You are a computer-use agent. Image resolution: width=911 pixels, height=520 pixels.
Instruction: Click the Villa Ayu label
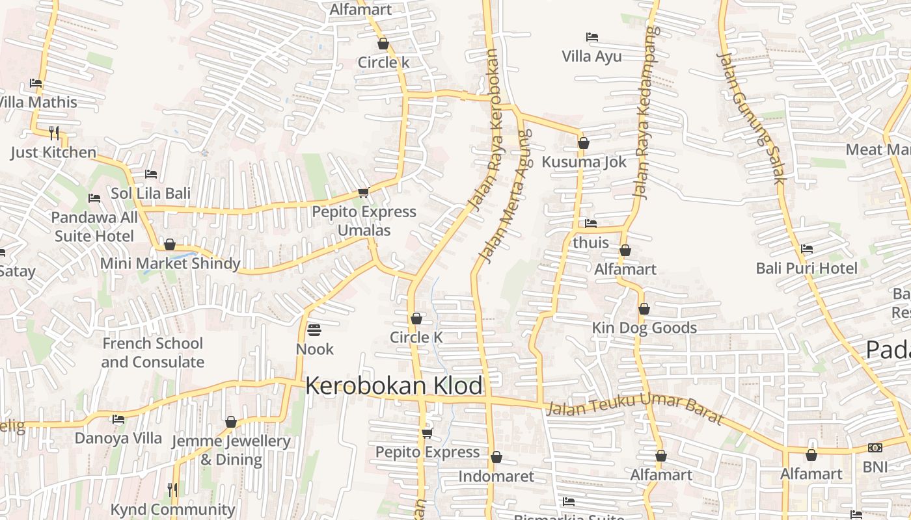[x=591, y=57]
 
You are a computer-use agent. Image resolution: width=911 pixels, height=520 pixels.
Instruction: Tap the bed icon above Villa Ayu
[x=591, y=37]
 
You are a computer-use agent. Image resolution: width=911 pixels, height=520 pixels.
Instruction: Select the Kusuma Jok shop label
[x=584, y=162]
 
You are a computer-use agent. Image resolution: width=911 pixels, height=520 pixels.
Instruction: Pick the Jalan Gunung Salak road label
[x=752, y=117]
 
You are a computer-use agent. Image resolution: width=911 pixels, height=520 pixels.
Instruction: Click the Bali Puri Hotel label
[x=806, y=268]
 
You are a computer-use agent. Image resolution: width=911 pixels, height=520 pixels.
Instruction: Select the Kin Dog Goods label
[x=644, y=328]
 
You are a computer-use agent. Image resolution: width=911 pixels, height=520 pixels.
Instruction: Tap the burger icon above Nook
[x=314, y=330]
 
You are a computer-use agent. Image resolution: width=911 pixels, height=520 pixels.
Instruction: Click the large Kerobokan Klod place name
[x=394, y=386]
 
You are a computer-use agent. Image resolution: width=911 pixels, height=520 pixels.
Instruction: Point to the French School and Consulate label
[x=152, y=352]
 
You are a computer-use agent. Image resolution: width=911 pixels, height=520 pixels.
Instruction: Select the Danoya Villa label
[x=118, y=438]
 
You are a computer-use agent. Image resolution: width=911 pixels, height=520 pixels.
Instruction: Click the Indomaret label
[x=496, y=476]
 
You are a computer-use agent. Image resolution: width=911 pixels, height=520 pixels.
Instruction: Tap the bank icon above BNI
[x=875, y=448]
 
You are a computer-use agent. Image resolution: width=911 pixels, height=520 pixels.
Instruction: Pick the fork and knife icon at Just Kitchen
[x=54, y=133]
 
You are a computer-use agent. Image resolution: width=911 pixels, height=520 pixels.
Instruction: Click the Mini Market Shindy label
[x=170, y=264]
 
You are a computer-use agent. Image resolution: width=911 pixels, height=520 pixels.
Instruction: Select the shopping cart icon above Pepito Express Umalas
[x=364, y=192]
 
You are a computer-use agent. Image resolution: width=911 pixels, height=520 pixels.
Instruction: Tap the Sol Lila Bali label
[x=150, y=193]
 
